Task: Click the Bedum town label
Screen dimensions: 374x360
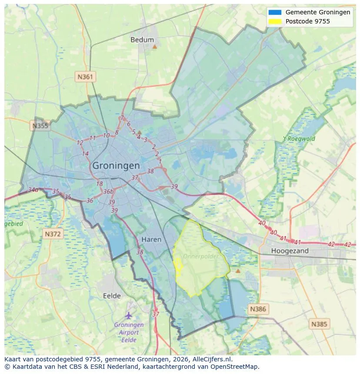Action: (x=142, y=40)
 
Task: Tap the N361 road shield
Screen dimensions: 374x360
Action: (x=85, y=77)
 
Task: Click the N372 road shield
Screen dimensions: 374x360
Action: (x=53, y=234)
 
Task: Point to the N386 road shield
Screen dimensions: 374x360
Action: (x=257, y=309)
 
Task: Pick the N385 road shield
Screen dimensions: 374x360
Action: (x=320, y=324)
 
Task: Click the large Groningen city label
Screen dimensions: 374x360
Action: (x=116, y=165)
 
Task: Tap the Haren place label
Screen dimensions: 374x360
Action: (x=151, y=239)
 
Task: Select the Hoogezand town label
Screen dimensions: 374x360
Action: (x=290, y=251)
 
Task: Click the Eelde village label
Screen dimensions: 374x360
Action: (x=112, y=296)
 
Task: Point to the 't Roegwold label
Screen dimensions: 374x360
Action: (x=299, y=139)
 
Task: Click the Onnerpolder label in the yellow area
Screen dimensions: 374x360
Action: (x=201, y=256)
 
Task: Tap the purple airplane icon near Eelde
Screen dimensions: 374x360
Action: (x=129, y=315)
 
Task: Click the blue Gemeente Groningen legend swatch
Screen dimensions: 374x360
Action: (x=275, y=13)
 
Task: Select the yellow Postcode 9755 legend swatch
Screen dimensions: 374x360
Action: (x=275, y=21)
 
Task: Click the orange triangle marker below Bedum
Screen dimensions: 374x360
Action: (x=154, y=46)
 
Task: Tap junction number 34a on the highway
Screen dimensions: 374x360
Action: (x=33, y=190)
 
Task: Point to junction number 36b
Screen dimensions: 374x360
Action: (x=108, y=192)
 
